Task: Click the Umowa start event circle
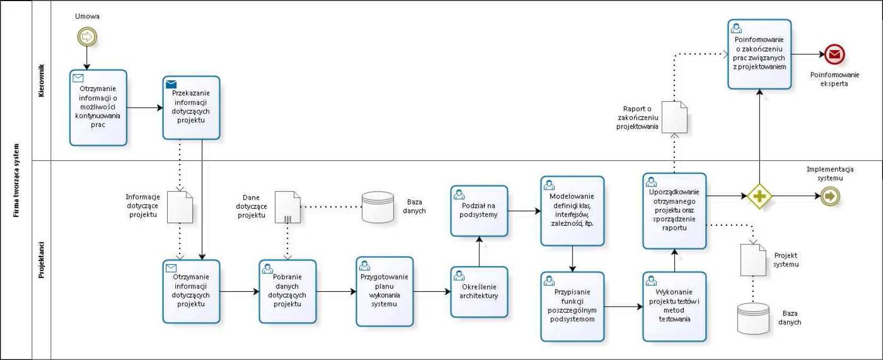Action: click(87, 37)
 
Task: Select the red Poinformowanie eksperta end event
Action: click(834, 54)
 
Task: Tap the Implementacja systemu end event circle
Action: click(830, 196)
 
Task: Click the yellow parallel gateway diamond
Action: click(759, 196)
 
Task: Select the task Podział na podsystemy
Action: click(479, 211)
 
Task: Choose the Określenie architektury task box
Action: click(479, 292)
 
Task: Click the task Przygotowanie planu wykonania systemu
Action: click(384, 291)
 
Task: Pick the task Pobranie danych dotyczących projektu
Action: click(288, 291)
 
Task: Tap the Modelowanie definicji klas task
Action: click(572, 211)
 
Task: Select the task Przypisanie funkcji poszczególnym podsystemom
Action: click(572, 306)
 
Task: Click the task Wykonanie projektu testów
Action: click(674, 306)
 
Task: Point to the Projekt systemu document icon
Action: click(753, 260)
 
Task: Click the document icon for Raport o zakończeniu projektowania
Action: click(674, 117)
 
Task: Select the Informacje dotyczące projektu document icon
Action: click(179, 207)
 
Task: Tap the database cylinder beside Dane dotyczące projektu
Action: click(378, 207)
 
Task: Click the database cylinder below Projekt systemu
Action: click(753, 318)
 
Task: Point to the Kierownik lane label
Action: click(42, 81)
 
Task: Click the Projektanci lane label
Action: click(42, 260)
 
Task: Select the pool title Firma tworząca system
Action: click(16, 180)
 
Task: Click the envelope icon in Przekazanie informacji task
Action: click(171, 84)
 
